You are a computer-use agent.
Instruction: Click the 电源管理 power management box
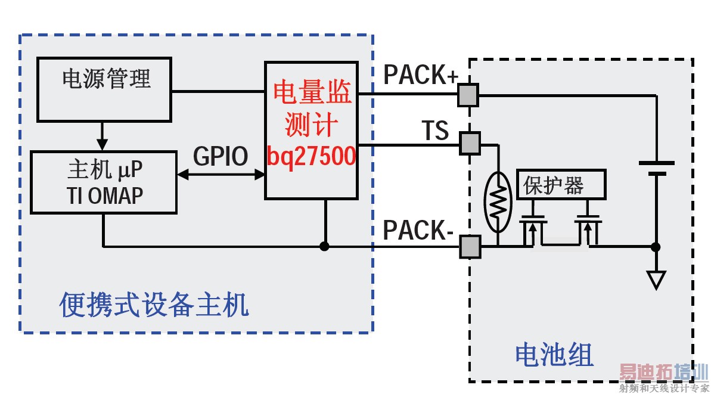(x=104, y=89)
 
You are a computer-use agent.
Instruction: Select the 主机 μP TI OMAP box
(x=104, y=182)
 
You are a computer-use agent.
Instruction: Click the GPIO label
(x=220, y=157)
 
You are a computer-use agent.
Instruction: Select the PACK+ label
(x=421, y=75)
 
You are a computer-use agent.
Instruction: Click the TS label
(x=435, y=131)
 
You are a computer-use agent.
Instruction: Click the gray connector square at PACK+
(x=469, y=95)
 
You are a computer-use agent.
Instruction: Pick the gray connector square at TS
(x=470, y=143)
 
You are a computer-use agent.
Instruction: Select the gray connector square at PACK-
(x=470, y=246)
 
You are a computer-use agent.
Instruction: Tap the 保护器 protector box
(x=560, y=184)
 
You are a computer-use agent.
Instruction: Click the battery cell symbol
(x=656, y=168)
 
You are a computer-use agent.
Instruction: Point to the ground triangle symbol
(x=656, y=279)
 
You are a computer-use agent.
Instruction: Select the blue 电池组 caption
(x=554, y=356)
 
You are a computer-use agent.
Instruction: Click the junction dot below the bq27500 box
(x=325, y=246)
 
